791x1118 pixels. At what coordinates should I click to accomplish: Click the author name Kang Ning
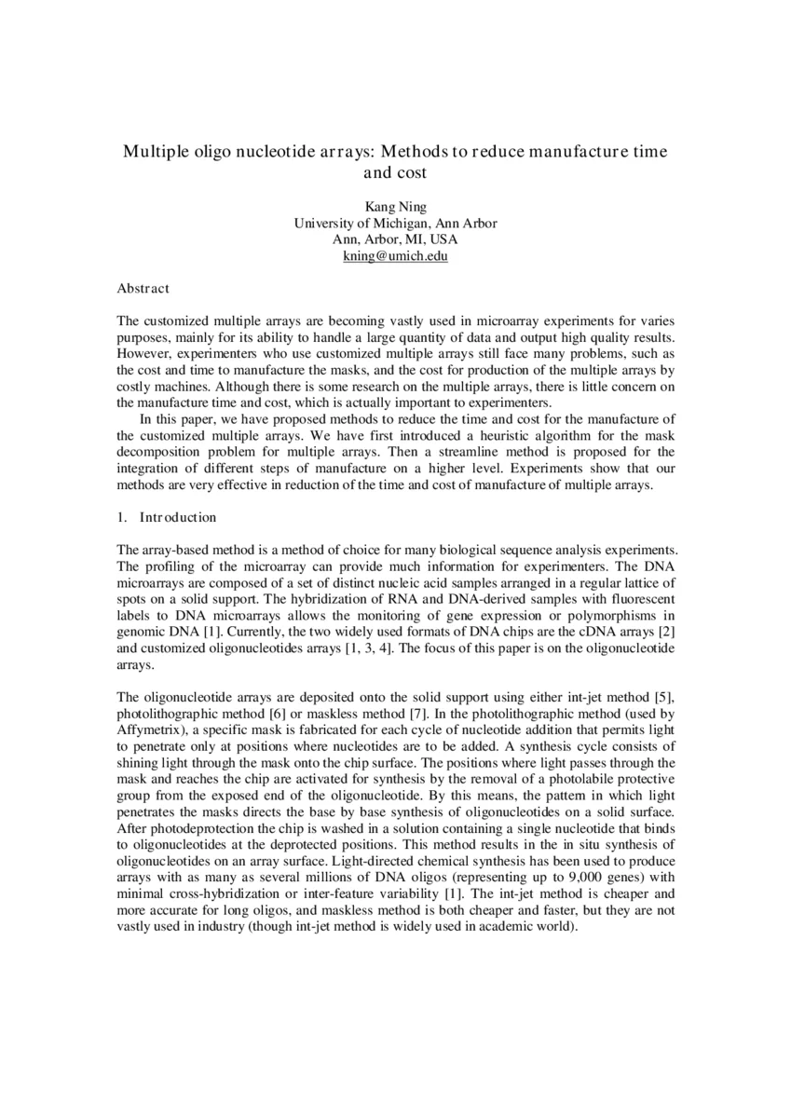tap(395, 207)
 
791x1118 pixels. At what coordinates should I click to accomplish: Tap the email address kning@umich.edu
tap(395, 255)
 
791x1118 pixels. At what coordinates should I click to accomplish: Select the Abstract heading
tap(143, 290)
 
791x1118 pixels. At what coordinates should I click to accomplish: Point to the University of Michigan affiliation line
tap(395, 223)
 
